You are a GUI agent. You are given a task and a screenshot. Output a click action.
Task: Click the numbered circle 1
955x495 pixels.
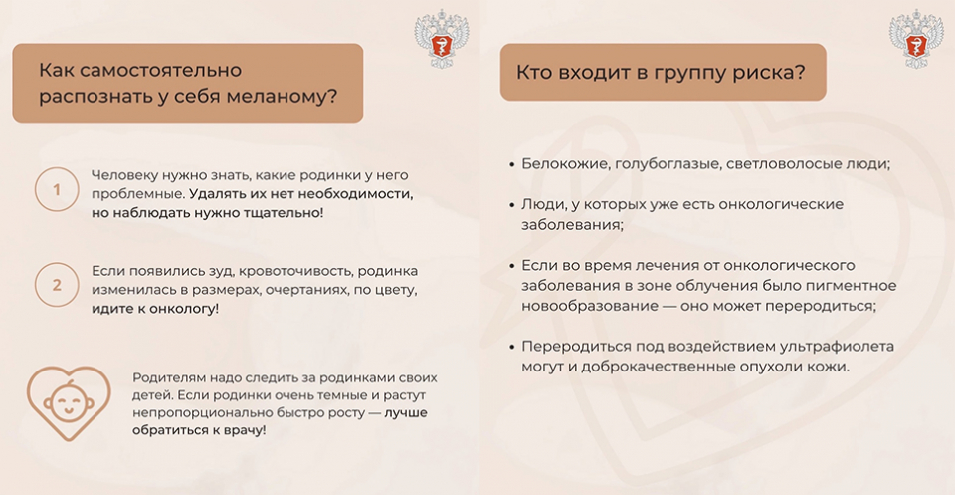57,189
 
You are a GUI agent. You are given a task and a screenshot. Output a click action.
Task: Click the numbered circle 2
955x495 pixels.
57,285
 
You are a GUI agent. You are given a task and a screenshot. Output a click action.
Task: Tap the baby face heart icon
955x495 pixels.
69,402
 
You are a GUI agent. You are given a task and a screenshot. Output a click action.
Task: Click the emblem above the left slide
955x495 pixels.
442,38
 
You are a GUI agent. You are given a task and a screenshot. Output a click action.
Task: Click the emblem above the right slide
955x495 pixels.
916,38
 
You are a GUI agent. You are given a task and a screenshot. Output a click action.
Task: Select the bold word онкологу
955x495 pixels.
186,309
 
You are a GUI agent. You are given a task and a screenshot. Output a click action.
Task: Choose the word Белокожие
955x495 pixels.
565,164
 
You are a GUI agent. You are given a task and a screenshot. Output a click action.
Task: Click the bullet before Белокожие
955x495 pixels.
511,165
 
